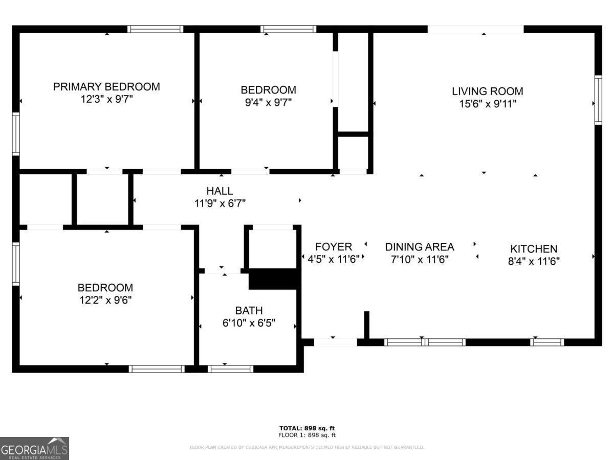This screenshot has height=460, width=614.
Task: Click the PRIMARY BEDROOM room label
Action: (106, 86)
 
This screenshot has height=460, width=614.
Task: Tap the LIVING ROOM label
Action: (488, 91)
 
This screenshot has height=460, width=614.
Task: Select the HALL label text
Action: (220, 191)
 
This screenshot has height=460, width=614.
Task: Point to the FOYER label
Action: (334, 247)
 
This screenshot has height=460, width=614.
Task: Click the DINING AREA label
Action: (420, 247)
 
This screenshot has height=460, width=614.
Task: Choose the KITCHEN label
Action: (534, 249)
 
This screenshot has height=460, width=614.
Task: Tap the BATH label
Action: (249, 311)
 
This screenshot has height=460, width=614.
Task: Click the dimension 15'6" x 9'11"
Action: (488, 104)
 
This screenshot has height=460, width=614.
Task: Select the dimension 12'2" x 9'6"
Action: (105, 300)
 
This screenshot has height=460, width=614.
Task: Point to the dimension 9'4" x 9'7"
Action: (268, 103)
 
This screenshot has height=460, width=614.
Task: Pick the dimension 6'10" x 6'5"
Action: (249, 323)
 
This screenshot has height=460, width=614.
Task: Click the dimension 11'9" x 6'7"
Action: (220, 203)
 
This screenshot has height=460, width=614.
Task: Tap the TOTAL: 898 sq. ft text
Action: (307, 428)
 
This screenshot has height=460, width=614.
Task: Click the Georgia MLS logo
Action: (34, 448)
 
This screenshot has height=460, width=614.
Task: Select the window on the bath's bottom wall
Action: (230, 369)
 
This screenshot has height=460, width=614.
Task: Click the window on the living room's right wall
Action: (598, 100)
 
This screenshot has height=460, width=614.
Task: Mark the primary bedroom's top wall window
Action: (156, 29)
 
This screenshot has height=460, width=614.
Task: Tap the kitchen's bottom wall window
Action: (547, 342)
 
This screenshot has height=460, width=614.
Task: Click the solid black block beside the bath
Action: (272, 279)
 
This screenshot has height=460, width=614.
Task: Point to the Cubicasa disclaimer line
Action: (307, 447)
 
